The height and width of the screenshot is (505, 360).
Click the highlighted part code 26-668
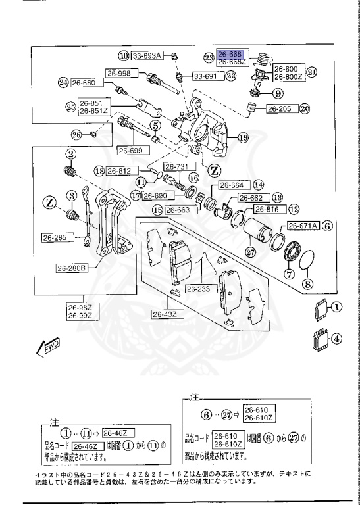click(x=231, y=53)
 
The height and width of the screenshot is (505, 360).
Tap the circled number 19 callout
click(x=243, y=138)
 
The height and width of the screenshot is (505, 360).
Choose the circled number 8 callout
click(x=307, y=285)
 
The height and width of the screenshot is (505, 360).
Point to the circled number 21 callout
click(x=312, y=72)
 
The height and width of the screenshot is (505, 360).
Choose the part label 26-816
click(x=267, y=210)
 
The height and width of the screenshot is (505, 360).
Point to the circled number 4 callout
click(x=336, y=340)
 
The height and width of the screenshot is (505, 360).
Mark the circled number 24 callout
click(x=63, y=83)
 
